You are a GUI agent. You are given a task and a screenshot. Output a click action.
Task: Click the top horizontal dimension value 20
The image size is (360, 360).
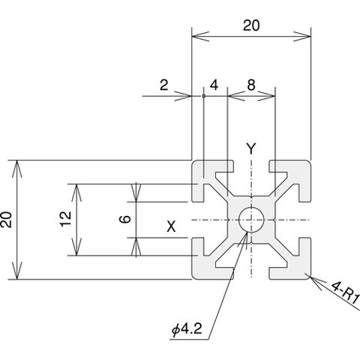[x=251, y=25]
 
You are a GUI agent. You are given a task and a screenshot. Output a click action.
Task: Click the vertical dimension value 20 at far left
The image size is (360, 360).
[x=6, y=220]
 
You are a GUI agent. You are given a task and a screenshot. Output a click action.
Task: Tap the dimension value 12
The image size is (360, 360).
[x=66, y=219]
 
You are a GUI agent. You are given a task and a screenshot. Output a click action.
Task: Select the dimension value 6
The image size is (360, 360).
[x=125, y=219]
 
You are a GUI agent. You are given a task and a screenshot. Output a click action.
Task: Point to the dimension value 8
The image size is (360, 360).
[x=251, y=85]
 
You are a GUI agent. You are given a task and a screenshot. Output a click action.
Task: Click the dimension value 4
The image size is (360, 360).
[x=214, y=85]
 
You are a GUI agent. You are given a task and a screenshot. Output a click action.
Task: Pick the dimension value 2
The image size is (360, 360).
[x=164, y=85]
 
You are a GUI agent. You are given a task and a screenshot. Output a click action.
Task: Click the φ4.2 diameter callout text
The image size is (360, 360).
[x=187, y=329]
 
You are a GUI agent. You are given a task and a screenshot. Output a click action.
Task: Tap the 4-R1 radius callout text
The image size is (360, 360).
[x=346, y=295]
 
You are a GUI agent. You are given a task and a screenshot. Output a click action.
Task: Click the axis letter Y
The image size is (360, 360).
[x=251, y=148]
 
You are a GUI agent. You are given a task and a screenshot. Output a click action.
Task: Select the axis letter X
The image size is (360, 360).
[x=171, y=226]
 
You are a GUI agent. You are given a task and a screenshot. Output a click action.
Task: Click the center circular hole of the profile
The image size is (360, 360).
[x=251, y=220]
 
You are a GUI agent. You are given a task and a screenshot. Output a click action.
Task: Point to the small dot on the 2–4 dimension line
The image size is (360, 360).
[x=203, y=96]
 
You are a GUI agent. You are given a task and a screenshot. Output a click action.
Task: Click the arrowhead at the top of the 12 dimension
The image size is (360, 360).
[x=76, y=193]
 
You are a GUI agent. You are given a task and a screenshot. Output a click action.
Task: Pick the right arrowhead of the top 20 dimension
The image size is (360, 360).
[x=302, y=37]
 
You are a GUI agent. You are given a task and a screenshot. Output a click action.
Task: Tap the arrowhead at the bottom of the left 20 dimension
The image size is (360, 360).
[x=17, y=271]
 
